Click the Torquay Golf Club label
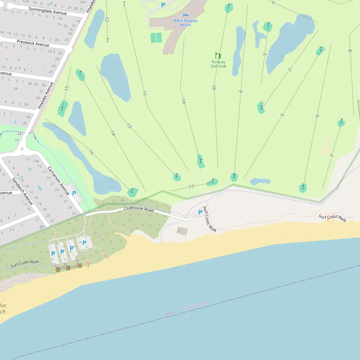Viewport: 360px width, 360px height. point(219,64)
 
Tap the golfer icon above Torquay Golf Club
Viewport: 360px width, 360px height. point(219,56)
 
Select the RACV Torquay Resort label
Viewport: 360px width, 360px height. point(185,23)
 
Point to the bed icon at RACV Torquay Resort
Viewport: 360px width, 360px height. point(185,15)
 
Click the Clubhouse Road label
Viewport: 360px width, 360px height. point(139,209)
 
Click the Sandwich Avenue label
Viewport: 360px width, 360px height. point(22,191)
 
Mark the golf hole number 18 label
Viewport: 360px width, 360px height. point(214,87)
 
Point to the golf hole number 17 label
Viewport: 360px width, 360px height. point(191,186)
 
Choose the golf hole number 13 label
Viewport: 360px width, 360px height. point(129,126)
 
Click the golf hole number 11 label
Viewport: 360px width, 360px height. point(145,93)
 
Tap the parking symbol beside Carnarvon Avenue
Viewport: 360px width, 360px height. point(74,193)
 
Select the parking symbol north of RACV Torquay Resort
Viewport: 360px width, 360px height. point(163,5)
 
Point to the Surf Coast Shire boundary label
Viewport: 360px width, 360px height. point(196,306)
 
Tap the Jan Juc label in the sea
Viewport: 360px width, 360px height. point(170,313)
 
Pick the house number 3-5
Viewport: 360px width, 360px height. point(12,229)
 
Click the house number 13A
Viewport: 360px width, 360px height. point(36,161)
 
